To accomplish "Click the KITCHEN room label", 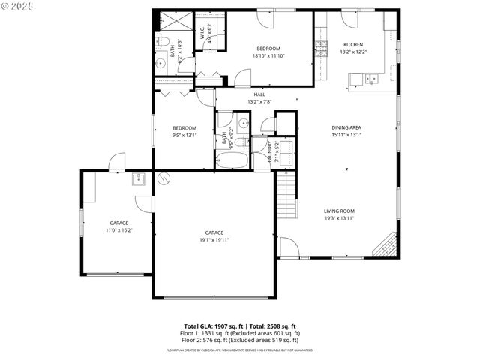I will pos(352,44).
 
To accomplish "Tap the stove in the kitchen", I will pos(321,49).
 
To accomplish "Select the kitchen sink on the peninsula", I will pos(370,78).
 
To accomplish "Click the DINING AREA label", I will pos(346,128).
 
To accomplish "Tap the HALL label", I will pos(259,94).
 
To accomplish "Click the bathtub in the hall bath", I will pos(233,160).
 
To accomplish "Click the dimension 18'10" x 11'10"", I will pos(268,55).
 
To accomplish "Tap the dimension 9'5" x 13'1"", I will pos(184,136).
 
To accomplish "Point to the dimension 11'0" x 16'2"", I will pos(119,231).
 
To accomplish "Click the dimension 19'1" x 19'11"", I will pos(214,241).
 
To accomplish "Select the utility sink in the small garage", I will pos(138,179).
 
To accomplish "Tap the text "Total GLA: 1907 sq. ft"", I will pos(214,326).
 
